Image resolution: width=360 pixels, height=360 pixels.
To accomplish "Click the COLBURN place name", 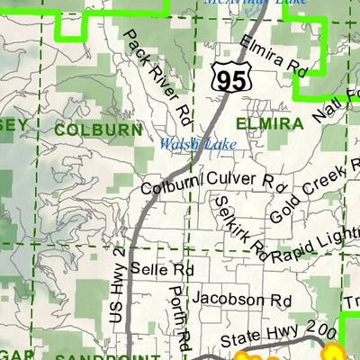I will coord(98,130).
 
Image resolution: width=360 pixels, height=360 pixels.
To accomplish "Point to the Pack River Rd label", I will coord(157,76).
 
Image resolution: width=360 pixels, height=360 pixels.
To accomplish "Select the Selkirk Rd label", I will coord(241,225).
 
